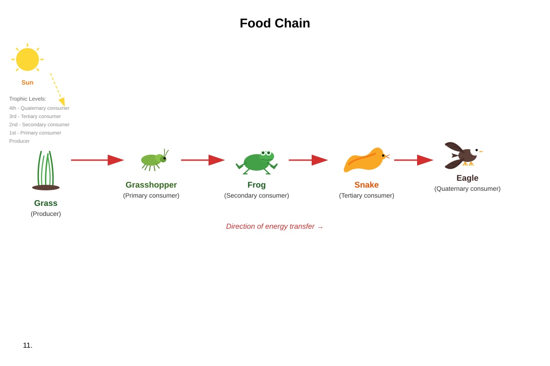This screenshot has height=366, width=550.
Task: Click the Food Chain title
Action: coord(275,23)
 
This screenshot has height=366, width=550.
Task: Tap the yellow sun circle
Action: coord(27,59)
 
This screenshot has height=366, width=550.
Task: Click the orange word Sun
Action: coord(27,82)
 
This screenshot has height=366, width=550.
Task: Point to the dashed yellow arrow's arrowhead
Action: coord(62,102)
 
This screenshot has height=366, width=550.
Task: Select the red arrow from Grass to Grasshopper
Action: coord(97,160)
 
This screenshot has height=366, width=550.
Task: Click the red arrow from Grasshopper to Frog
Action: coord(203,160)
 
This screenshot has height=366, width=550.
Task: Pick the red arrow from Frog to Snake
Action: coord(308,160)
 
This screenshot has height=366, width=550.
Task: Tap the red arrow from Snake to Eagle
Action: coord(413,160)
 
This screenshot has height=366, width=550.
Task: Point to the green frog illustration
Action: coord(257,162)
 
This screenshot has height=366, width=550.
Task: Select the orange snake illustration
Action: coord(366,160)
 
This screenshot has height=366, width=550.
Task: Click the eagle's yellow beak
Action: coord(481,151)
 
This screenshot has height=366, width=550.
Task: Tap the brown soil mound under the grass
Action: coord(46,188)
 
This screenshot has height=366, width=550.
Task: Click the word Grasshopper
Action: coord(151,184)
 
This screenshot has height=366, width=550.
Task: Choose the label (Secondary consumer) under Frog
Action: coord(257,196)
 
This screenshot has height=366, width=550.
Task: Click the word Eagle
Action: coord(467,178)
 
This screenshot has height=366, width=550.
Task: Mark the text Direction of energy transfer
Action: coord(270,226)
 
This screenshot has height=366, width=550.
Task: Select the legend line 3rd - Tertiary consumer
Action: coord(35,117)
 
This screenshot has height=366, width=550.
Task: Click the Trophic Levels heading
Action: coord(27,99)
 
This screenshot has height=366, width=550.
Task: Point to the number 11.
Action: coord(27,345)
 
